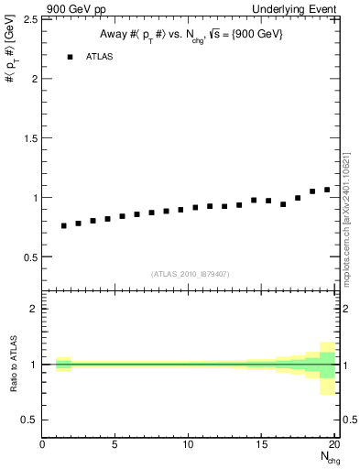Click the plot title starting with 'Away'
[x=191, y=34]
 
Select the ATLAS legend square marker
[x=69, y=57]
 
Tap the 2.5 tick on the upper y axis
[x=28, y=19]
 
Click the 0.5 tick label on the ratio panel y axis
[x=28, y=420]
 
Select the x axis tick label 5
[x=115, y=446]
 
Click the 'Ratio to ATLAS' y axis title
[x=13, y=364]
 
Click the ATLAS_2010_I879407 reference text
[x=191, y=273]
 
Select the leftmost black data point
[x=63, y=225]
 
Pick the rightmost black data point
[x=327, y=190]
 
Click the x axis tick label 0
[x=42, y=446]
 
